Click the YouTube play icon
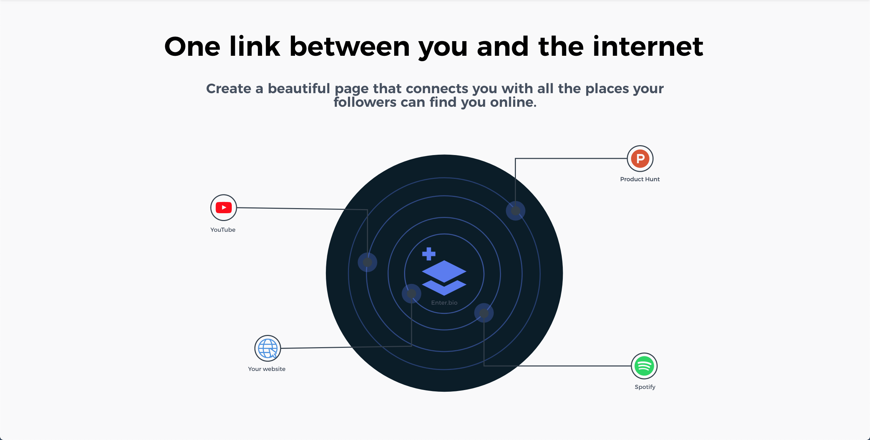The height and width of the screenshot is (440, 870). [224, 207]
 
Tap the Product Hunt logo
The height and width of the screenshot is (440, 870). [640, 158]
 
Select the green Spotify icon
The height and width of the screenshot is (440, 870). [644, 366]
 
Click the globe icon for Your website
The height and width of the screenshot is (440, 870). [268, 349]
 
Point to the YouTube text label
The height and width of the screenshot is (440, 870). [223, 230]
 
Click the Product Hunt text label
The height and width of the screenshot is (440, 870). [640, 179]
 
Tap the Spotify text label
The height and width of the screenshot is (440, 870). [645, 387]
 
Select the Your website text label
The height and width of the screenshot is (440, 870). [267, 369]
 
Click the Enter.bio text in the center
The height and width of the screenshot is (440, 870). [444, 303]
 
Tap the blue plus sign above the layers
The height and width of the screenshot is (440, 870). [429, 254]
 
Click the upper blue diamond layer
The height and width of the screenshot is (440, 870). [444, 271]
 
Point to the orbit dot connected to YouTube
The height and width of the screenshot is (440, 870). [367, 262]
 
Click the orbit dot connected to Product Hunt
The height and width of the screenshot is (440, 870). [516, 211]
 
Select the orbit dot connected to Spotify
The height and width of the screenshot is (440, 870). [484, 313]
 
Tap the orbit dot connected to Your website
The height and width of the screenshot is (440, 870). [412, 293]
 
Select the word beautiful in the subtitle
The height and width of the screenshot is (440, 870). [299, 88]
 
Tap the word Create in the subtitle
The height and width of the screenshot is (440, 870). [229, 88]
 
